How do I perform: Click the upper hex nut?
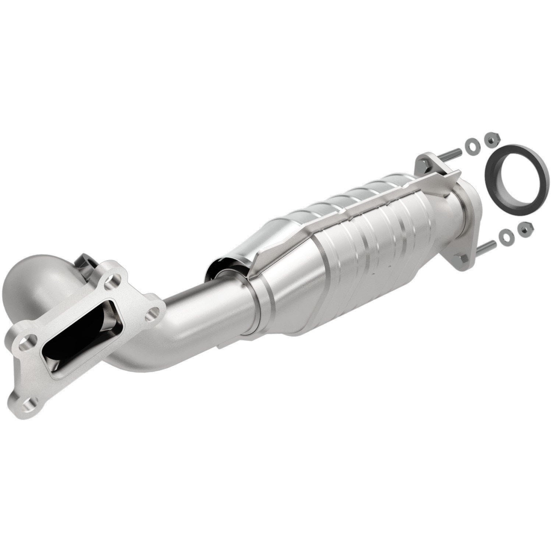tap(491, 138)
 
